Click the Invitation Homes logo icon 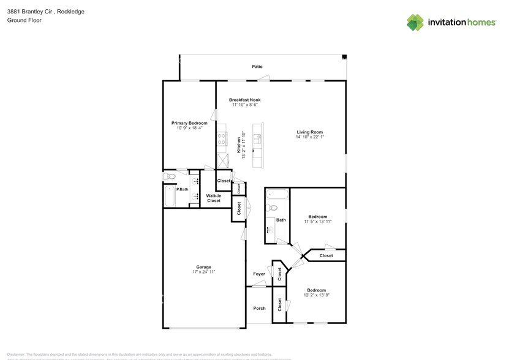(415, 22)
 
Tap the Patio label (257, 66)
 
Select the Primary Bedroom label (189, 123)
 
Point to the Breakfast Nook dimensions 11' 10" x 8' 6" (245, 105)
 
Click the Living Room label (309, 132)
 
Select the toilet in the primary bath (170, 177)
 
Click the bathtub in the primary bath (169, 197)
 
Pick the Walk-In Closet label (213, 198)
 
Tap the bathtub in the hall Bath (277, 196)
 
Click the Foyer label (259, 274)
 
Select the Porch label (259, 308)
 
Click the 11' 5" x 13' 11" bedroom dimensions (317, 222)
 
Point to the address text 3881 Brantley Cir (31, 12)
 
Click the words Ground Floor (21, 20)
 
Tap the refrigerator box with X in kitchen (222, 160)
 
